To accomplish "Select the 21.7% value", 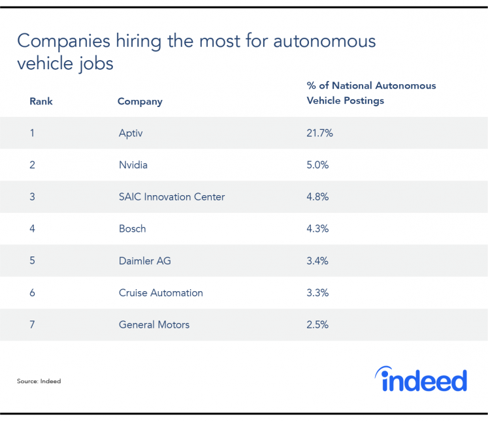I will point(320,133).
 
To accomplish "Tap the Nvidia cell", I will point(133,165).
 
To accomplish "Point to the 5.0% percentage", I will point(318,165).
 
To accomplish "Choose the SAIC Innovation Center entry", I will point(172,197).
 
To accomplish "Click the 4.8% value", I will point(318,197).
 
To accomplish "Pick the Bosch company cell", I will point(132,229).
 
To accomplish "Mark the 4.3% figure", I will point(318,229).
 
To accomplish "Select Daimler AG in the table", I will point(145,261).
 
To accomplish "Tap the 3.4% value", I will point(318,261).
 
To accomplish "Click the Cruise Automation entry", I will point(161,293).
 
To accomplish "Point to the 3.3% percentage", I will point(318,293).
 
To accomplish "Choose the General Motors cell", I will point(154,325).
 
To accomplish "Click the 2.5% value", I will point(318,325).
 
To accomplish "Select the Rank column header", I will point(41,102).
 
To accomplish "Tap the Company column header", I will point(140,102).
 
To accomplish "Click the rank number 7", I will point(33,325).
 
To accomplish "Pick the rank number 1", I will point(32,133).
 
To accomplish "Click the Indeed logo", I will point(421,379).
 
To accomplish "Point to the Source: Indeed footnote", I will point(39,381).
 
